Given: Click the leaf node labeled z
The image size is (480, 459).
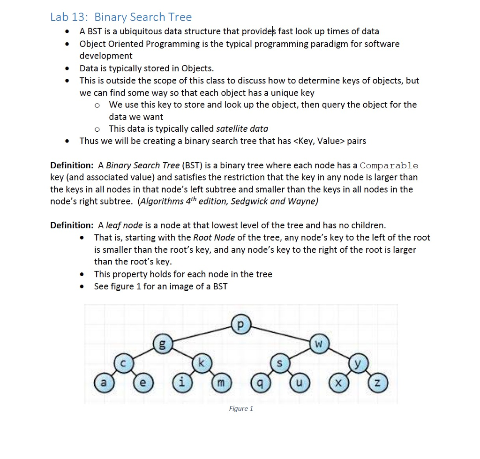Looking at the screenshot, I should click(x=378, y=383).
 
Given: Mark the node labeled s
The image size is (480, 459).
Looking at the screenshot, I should click(x=280, y=364).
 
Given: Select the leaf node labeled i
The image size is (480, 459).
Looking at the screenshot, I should click(x=181, y=383).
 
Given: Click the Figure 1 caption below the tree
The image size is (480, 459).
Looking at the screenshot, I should click(x=241, y=408).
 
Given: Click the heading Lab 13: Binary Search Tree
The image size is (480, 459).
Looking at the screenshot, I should click(x=121, y=17).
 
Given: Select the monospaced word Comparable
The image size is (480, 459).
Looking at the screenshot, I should click(x=389, y=166).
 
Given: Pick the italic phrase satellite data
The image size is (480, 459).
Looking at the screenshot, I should click(x=242, y=128).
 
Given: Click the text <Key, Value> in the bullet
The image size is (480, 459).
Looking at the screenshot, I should click(x=319, y=141).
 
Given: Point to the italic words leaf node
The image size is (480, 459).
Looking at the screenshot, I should click(x=122, y=225).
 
